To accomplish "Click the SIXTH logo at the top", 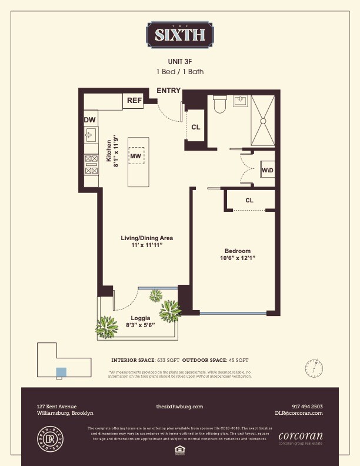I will [180, 35].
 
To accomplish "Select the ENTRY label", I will [169, 91].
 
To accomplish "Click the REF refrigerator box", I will [134, 101].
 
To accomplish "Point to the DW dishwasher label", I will [89, 121].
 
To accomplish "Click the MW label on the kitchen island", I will [135, 156].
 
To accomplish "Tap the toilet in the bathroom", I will [220, 105].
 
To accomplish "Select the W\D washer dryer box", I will [267, 170].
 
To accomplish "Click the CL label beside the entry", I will [196, 127].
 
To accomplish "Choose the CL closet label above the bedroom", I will [249, 200].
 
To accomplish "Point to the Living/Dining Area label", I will [146, 238].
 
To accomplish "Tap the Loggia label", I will [141, 318].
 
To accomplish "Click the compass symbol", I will [314, 368].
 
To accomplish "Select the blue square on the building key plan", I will [61, 372].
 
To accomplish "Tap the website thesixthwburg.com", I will [179, 407].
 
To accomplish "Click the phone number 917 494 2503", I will [307, 407].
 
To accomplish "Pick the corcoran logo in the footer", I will [300, 436].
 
